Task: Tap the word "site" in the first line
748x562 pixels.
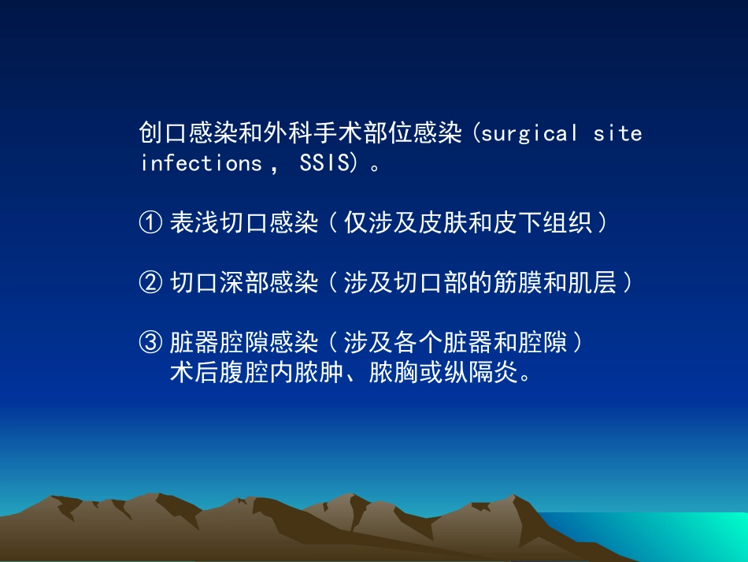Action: coord(617,133)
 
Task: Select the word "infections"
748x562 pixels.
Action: coord(200,163)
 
